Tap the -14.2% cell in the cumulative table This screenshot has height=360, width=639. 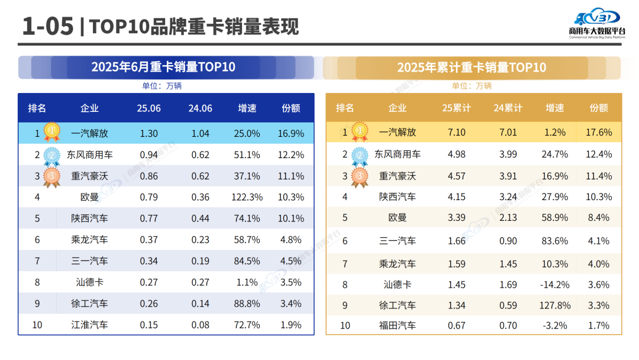[x=555, y=285]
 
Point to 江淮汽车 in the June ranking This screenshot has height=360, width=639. [x=89, y=324]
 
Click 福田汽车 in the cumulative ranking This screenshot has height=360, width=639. [x=397, y=325]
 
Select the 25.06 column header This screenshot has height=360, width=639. [x=149, y=108]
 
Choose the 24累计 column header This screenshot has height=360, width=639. [x=508, y=108]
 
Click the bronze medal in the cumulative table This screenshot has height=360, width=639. [x=359, y=176]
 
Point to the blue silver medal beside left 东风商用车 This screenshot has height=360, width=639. [x=52, y=155]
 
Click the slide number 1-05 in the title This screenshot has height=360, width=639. [x=47, y=27]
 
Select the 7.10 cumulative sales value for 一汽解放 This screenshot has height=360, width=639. [x=456, y=133]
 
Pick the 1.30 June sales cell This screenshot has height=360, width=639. [x=149, y=134]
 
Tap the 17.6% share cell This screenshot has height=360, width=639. [x=598, y=133]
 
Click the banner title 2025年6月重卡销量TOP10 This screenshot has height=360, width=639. [x=163, y=67]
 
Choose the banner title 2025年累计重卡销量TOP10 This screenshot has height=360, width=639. [x=472, y=67]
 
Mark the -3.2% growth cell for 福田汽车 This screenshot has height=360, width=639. [x=555, y=325]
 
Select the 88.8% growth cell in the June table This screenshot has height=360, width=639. [x=247, y=304]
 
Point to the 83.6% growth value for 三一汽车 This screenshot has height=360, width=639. [x=555, y=241]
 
